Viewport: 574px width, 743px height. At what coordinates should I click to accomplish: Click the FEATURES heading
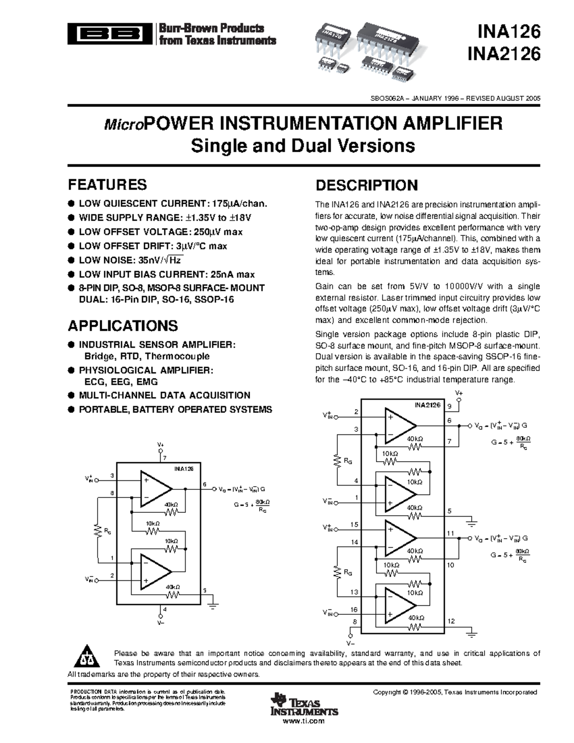tap(108, 185)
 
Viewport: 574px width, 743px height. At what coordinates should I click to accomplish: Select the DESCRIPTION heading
tap(367, 186)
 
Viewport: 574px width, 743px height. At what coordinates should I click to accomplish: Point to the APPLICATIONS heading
tap(123, 326)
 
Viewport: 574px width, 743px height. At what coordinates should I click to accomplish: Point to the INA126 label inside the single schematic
tap(184, 469)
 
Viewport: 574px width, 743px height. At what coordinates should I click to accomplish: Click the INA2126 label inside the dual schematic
tap(427, 405)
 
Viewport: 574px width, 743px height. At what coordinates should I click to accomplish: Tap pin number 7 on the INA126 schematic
tap(165, 458)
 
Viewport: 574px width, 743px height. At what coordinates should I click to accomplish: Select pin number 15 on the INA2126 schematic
tap(354, 524)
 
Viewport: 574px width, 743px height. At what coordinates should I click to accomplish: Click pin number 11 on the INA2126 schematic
tap(451, 533)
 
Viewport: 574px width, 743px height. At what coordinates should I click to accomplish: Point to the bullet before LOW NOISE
tap(71, 260)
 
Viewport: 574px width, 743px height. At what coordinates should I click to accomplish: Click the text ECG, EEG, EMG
tap(121, 382)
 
